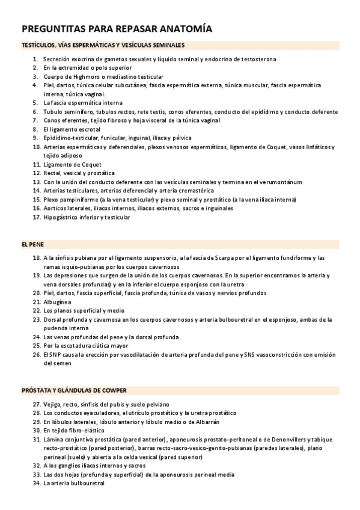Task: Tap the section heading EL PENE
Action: [x=32, y=245]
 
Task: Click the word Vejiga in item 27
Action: [x=52, y=404]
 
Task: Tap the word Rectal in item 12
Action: [x=52, y=173]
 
